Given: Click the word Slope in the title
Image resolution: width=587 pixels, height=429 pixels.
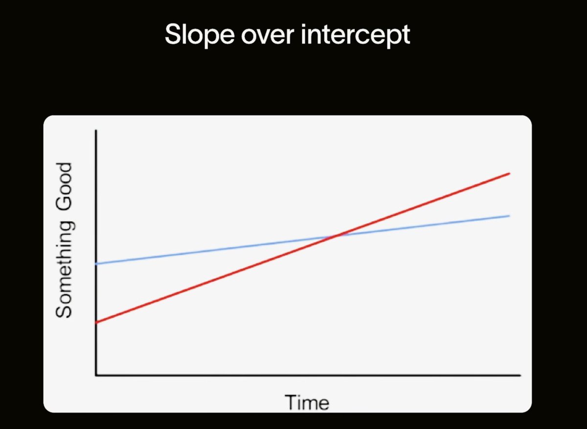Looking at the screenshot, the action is pos(200,35).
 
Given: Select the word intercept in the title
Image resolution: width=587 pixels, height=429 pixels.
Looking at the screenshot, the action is pos(356,36).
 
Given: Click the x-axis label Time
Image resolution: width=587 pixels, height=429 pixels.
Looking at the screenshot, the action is pos(307,403).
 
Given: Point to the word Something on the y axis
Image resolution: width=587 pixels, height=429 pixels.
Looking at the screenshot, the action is pos(64,270).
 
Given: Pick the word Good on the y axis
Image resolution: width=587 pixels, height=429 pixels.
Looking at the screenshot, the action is pos(64,187).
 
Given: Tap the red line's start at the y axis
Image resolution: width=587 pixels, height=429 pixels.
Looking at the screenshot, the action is pos(96,322).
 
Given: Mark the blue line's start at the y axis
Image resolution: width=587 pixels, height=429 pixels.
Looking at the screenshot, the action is pos(96,264).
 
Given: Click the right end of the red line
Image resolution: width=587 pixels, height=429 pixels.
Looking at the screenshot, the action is pos(509,173).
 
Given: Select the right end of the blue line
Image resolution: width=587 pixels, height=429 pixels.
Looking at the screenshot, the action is pos(509,216).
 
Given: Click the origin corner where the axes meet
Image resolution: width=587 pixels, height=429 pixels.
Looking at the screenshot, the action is pos(96,375).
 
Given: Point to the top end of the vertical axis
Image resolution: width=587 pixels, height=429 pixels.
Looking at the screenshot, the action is pos(96,130).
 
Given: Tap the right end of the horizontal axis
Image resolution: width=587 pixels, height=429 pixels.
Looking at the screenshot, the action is pos(520,375).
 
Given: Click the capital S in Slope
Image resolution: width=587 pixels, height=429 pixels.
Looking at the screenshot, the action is pos(174,34).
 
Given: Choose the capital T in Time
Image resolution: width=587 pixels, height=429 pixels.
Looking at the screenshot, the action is pos(292,402).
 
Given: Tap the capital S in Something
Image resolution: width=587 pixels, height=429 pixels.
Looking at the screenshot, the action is pos(64,310).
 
